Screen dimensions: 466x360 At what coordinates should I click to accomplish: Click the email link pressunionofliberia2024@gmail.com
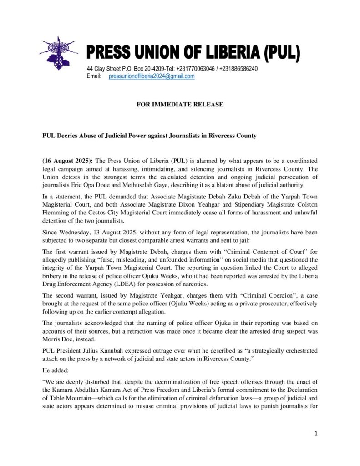tap(152, 76)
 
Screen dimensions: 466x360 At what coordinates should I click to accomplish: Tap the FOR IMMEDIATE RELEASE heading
tap(180, 105)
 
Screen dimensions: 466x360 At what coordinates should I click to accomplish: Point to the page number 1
tap(316, 433)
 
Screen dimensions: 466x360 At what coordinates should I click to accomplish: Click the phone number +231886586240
tap(239, 69)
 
